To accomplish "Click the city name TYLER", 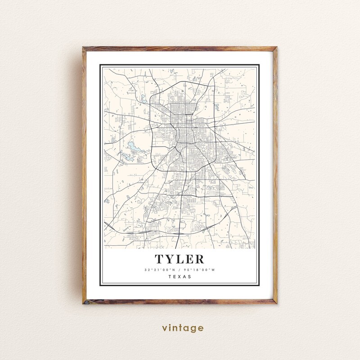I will (x=180, y=259).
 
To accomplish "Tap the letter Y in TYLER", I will (x=170, y=259).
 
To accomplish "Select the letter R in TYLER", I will (x=198, y=259).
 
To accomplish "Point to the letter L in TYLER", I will (x=180, y=259).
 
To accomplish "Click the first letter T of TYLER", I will (x=160, y=259).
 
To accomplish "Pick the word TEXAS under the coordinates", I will (x=180, y=277).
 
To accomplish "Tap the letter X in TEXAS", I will (x=180, y=277).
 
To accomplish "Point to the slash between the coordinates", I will (x=180, y=270).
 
